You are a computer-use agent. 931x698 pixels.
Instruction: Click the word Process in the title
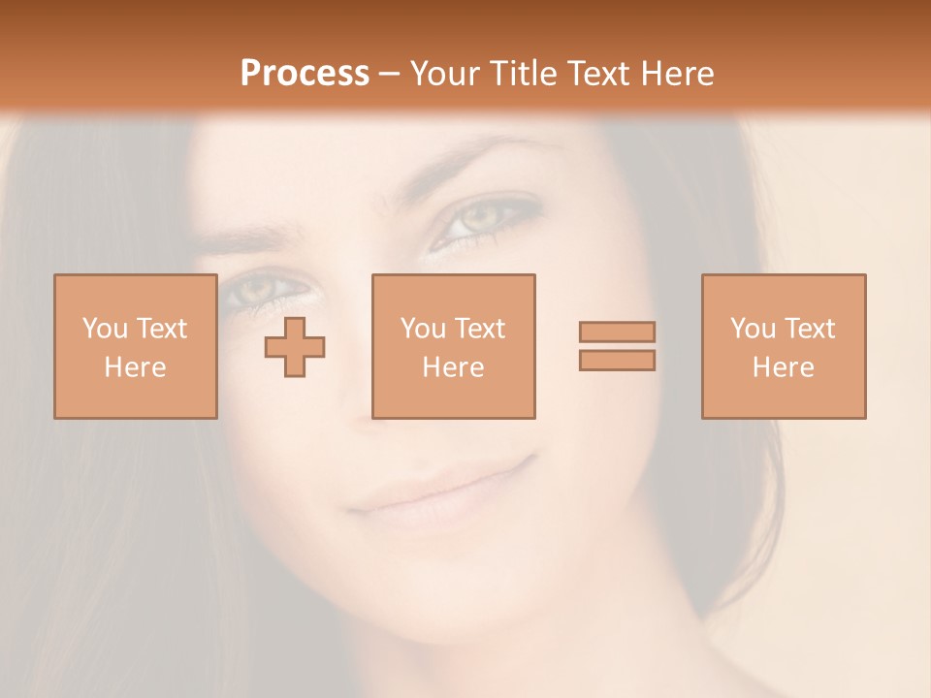[x=305, y=74]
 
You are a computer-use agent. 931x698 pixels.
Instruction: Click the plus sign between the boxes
[x=295, y=346]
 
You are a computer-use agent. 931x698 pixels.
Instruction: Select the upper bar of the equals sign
[x=617, y=332]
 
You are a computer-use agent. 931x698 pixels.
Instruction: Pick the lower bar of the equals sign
[x=617, y=360]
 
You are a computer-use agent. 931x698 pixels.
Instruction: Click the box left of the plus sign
[x=135, y=346]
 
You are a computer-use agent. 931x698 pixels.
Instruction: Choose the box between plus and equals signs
[x=453, y=346]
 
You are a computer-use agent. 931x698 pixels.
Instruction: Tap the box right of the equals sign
[x=784, y=346]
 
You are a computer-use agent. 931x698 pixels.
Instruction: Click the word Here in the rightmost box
[x=784, y=367]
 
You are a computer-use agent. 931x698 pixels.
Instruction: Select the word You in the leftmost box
[x=105, y=329]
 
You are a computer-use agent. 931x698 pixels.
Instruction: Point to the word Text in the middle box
[x=480, y=329]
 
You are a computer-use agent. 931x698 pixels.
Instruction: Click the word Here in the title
[x=677, y=74]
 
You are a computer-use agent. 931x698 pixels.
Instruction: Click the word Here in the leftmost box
[x=135, y=367]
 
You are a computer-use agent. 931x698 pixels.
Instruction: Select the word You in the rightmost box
[x=754, y=329]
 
